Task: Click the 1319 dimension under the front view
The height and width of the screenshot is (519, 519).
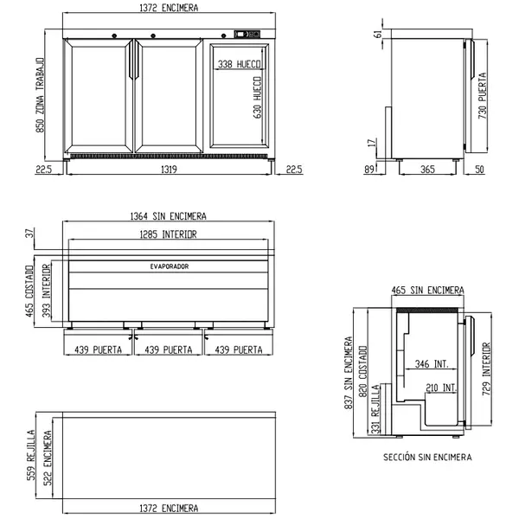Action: [x=169, y=170]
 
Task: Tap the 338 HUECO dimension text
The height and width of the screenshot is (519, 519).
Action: [x=239, y=64]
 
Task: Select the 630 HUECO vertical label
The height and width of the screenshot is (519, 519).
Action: [x=258, y=97]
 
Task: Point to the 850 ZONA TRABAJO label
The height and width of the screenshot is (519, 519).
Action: [x=40, y=95]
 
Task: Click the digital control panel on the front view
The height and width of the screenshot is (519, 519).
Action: [x=247, y=34]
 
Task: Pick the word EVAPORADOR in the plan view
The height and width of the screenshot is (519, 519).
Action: [x=170, y=266]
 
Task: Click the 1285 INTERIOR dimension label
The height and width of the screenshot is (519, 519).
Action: [x=168, y=234]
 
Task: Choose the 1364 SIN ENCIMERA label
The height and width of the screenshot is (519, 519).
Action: [x=168, y=216]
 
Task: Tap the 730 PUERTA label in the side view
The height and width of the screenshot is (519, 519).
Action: [x=483, y=96]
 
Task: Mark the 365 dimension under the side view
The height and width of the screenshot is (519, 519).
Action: [x=427, y=170]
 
